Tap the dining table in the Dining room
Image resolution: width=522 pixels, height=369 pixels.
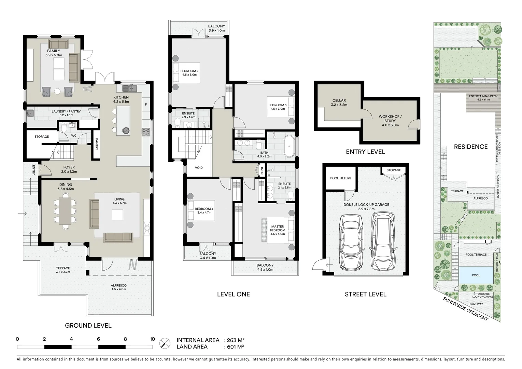[x=65, y=211]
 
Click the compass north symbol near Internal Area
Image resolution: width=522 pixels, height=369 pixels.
[x=165, y=343]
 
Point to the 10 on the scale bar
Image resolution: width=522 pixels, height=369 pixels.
[x=152, y=339]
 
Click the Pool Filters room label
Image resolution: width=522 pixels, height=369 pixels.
[x=340, y=178]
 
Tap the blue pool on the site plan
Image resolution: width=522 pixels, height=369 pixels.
[x=476, y=275]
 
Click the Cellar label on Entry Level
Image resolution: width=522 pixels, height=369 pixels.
[x=339, y=101]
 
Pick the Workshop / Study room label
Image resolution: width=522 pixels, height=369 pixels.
[x=390, y=119]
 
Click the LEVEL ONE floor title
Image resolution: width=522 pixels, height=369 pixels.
[x=234, y=294]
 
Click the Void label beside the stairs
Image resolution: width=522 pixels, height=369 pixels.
[x=199, y=168]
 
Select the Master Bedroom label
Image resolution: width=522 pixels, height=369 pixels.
[x=278, y=228]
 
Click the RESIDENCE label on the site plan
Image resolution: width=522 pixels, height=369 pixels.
[x=470, y=147]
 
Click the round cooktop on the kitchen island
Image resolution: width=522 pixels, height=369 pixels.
[x=126, y=130]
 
